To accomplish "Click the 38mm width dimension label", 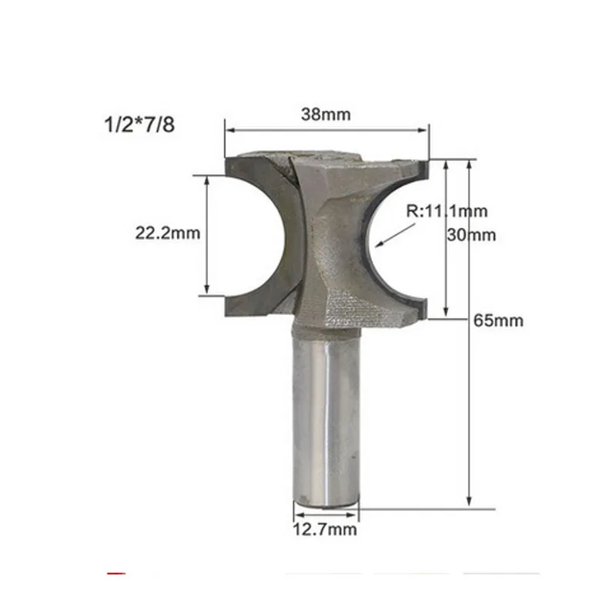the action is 326,115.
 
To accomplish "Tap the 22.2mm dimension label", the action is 168,233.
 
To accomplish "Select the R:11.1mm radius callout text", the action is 447,211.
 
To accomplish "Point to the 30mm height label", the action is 471,235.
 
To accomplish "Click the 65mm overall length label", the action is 498,320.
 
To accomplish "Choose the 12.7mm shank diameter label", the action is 325,530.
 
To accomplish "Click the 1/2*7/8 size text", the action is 139,125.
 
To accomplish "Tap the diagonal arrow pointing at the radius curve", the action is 395,236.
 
